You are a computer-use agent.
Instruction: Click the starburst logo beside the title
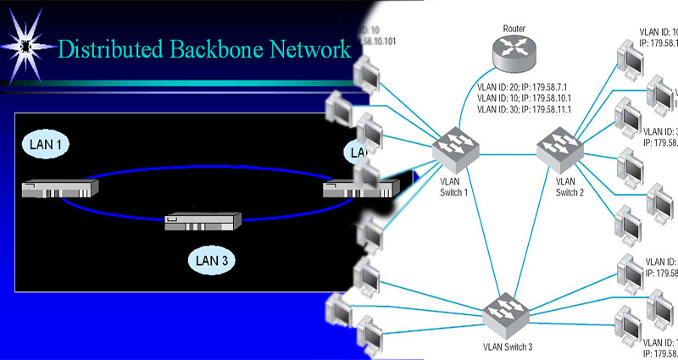26,43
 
